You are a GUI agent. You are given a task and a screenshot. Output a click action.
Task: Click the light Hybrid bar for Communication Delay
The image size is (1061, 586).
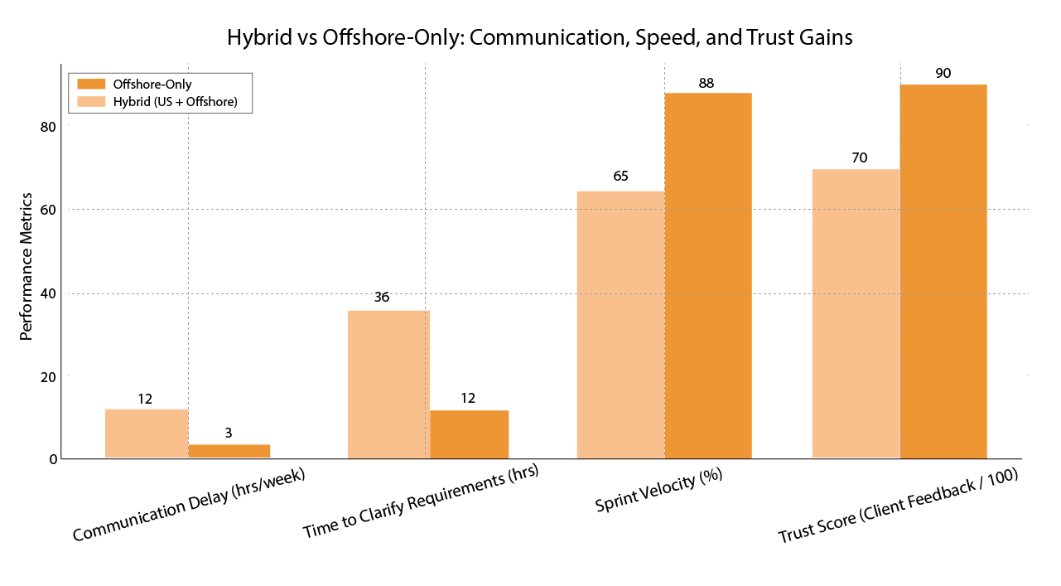(x=147, y=433)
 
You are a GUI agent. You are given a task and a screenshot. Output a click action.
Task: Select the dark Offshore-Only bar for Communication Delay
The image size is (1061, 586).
(x=229, y=451)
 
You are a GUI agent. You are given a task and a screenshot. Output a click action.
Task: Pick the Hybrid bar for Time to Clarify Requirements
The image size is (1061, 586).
(x=388, y=385)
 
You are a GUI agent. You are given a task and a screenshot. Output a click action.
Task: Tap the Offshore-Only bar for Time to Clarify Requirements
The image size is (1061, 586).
(x=469, y=434)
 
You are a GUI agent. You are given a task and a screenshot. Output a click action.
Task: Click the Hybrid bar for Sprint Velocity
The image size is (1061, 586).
(x=620, y=325)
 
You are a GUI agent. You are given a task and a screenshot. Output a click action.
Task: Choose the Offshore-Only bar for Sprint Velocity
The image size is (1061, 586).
(x=708, y=275)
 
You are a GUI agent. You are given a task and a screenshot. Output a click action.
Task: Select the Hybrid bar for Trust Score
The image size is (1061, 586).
(x=856, y=313)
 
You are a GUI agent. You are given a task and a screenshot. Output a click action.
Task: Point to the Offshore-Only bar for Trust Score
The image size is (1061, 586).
(x=943, y=271)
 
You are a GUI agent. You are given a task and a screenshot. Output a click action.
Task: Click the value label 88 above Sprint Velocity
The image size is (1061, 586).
(x=706, y=83)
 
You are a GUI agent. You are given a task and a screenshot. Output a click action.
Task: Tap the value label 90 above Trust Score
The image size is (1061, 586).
(x=943, y=73)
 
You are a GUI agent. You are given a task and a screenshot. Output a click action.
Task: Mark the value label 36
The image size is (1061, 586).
(x=381, y=297)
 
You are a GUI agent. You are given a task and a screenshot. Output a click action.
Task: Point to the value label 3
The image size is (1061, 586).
(x=228, y=432)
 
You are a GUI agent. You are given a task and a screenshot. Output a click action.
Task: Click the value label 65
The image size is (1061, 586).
(x=620, y=177)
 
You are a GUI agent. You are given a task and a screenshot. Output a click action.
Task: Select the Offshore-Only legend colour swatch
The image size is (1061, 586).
(x=91, y=84)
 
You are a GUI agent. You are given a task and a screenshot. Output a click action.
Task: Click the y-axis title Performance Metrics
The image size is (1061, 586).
(x=26, y=267)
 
